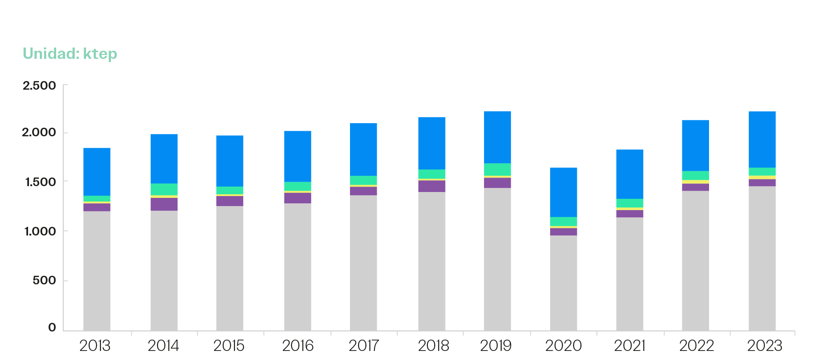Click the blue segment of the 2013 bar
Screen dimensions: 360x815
click(x=97, y=172)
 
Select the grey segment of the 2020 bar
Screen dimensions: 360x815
click(x=564, y=283)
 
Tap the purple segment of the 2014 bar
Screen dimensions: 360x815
click(x=164, y=204)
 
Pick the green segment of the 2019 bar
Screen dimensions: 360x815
click(x=498, y=169)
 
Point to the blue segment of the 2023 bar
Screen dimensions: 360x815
click(x=762, y=139)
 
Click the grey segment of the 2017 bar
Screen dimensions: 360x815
click(x=364, y=263)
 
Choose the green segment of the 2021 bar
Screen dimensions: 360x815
click(x=630, y=203)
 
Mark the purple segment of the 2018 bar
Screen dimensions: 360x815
click(x=432, y=186)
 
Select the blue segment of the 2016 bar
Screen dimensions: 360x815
click(x=297, y=156)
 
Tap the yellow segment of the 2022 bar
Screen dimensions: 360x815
click(x=695, y=182)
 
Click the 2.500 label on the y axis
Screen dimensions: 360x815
click(x=39, y=86)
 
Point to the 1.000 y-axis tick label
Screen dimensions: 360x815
click(x=39, y=231)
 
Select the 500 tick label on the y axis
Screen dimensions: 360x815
click(x=44, y=280)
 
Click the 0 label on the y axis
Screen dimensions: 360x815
click(x=52, y=327)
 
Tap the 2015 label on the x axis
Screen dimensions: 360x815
click(x=229, y=346)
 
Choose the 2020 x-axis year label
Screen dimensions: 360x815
click(x=563, y=346)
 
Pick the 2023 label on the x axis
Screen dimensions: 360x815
click(x=764, y=346)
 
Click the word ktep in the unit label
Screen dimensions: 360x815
click(x=100, y=54)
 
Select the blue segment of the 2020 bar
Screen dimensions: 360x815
click(x=564, y=192)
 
